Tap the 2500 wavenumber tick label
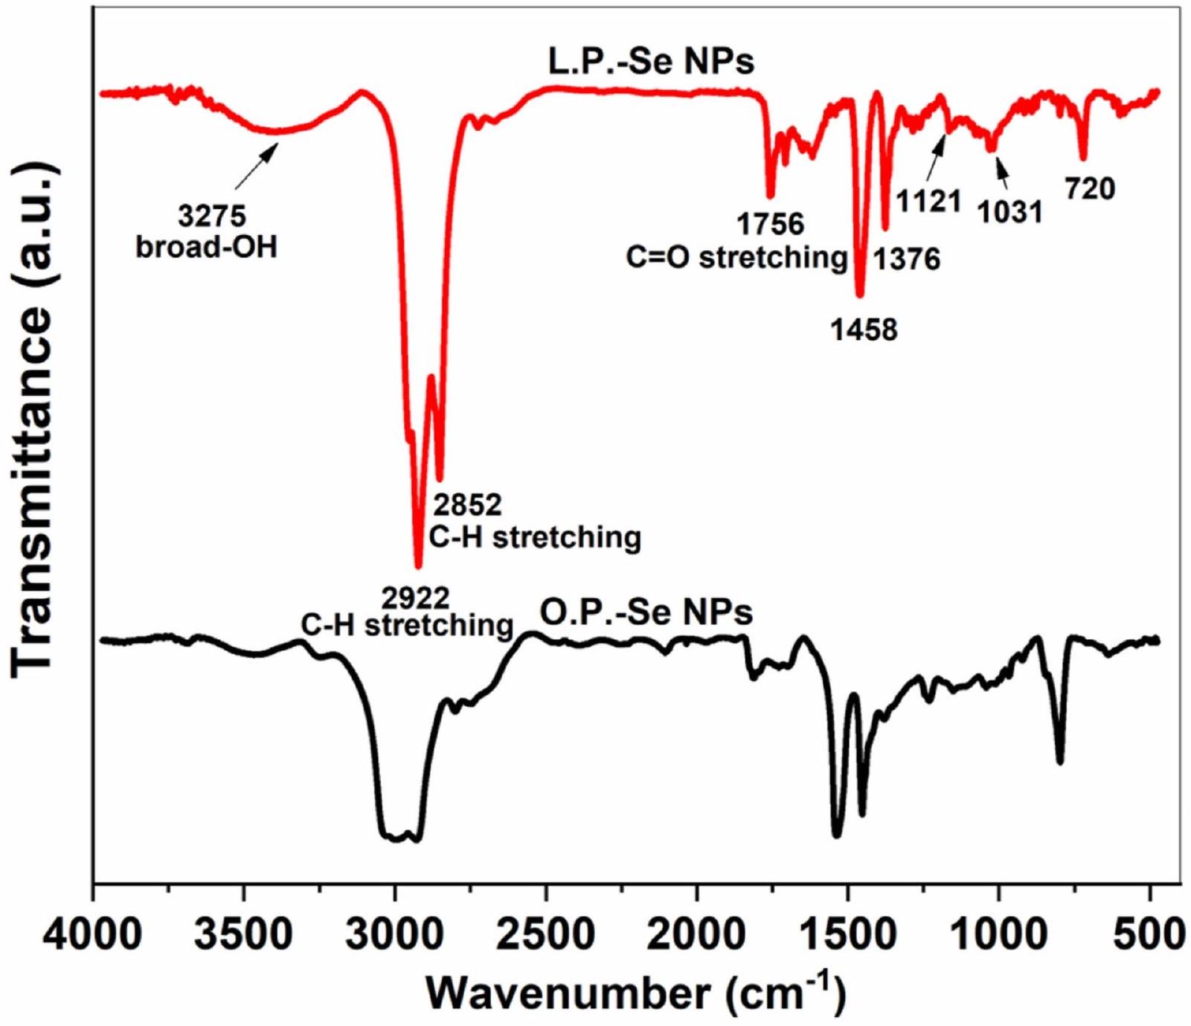(545, 934)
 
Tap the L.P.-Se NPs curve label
(651, 62)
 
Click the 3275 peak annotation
(212, 217)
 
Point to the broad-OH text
(207, 246)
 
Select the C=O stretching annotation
(736, 257)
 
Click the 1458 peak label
(864, 329)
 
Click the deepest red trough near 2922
(418, 565)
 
